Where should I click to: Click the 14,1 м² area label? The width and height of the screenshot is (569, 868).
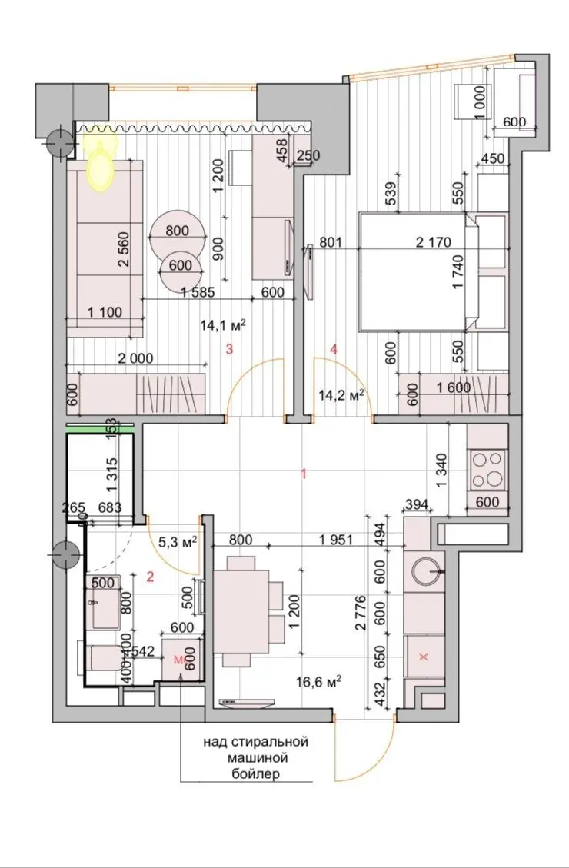(223, 325)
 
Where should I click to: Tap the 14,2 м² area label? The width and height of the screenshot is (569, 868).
(341, 394)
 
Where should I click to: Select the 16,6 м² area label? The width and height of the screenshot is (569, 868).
(318, 681)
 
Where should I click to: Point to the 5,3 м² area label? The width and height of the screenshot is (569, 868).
(178, 542)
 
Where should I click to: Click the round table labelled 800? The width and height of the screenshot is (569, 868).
(177, 231)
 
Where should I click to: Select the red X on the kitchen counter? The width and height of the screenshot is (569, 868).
(424, 657)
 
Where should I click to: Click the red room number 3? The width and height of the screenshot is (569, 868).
(228, 349)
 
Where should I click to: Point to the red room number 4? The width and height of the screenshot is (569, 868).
(333, 349)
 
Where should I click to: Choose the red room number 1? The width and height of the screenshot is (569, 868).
(303, 474)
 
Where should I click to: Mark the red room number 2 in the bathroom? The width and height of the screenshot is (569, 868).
(149, 577)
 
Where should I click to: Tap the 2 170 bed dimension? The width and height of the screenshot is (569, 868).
(434, 242)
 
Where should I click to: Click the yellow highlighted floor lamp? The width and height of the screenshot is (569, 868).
(101, 161)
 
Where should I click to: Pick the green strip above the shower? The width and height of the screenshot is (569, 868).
(100, 427)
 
